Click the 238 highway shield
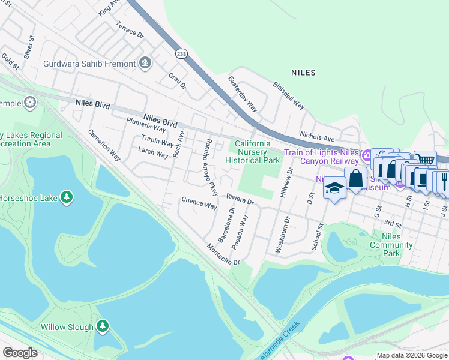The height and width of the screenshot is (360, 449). coord(181,54)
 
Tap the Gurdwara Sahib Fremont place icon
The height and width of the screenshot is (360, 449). coord(145,62)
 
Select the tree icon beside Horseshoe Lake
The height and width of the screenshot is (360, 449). coord(66,197)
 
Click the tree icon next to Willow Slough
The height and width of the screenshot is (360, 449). coord(103,326)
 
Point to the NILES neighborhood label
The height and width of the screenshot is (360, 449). coord(303,73)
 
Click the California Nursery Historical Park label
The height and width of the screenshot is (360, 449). coord(252,152)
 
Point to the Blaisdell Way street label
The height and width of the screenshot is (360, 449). coord(289,95)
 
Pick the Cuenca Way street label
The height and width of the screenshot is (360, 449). coord(199,203)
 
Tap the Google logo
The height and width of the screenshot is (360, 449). coord(20,353)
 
